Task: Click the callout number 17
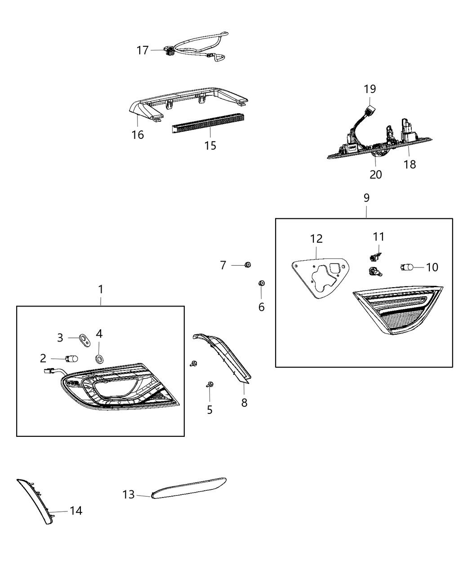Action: point(142,50)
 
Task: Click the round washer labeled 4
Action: point(99,358)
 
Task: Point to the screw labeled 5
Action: point(210,384)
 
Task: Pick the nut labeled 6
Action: point(261,283)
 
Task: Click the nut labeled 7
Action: point(247,265)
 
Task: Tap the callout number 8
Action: point(244,403)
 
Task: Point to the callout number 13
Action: point(129,495)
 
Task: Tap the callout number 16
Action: point(138,134)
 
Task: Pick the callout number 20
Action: point(375,174)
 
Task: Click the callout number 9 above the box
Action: point(366,198)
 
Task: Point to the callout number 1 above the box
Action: point(101,289)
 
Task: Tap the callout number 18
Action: point(410,164)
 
